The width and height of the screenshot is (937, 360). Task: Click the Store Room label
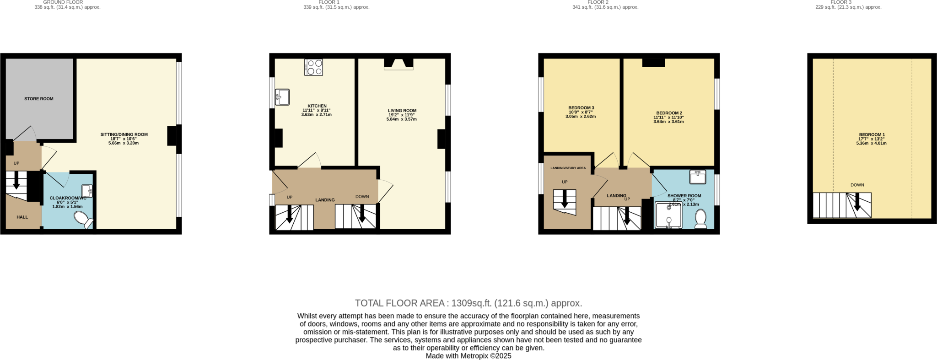coord(39,99)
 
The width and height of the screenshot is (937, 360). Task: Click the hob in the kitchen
coord(313,67)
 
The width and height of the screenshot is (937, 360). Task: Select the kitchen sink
coord(282,97)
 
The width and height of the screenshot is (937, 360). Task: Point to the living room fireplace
coord(398,64)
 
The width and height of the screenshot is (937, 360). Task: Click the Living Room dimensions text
coord(402,117)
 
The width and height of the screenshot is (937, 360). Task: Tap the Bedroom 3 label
coord(581,108)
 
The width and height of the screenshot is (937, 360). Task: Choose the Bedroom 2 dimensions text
coord(668,119)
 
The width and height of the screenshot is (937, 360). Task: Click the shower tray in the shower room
coord(668,215)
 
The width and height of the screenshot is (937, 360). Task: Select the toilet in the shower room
coord(700,219)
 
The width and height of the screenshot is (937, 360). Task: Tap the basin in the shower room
coord(698,176)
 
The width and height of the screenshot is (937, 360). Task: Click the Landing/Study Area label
coord(568,168)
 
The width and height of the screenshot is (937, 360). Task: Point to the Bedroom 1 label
coord(872,134)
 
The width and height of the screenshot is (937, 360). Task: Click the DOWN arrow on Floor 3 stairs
coord(857,202)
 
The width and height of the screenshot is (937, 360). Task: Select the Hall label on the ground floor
coord(22,217)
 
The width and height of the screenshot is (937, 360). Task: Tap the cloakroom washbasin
coord(87,191)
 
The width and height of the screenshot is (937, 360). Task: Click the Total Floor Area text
coord(468,303)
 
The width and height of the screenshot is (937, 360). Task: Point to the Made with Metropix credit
coord(468,355)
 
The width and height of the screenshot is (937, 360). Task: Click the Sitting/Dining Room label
coord(124,134)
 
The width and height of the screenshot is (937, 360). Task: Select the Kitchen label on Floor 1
coord(317,106)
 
